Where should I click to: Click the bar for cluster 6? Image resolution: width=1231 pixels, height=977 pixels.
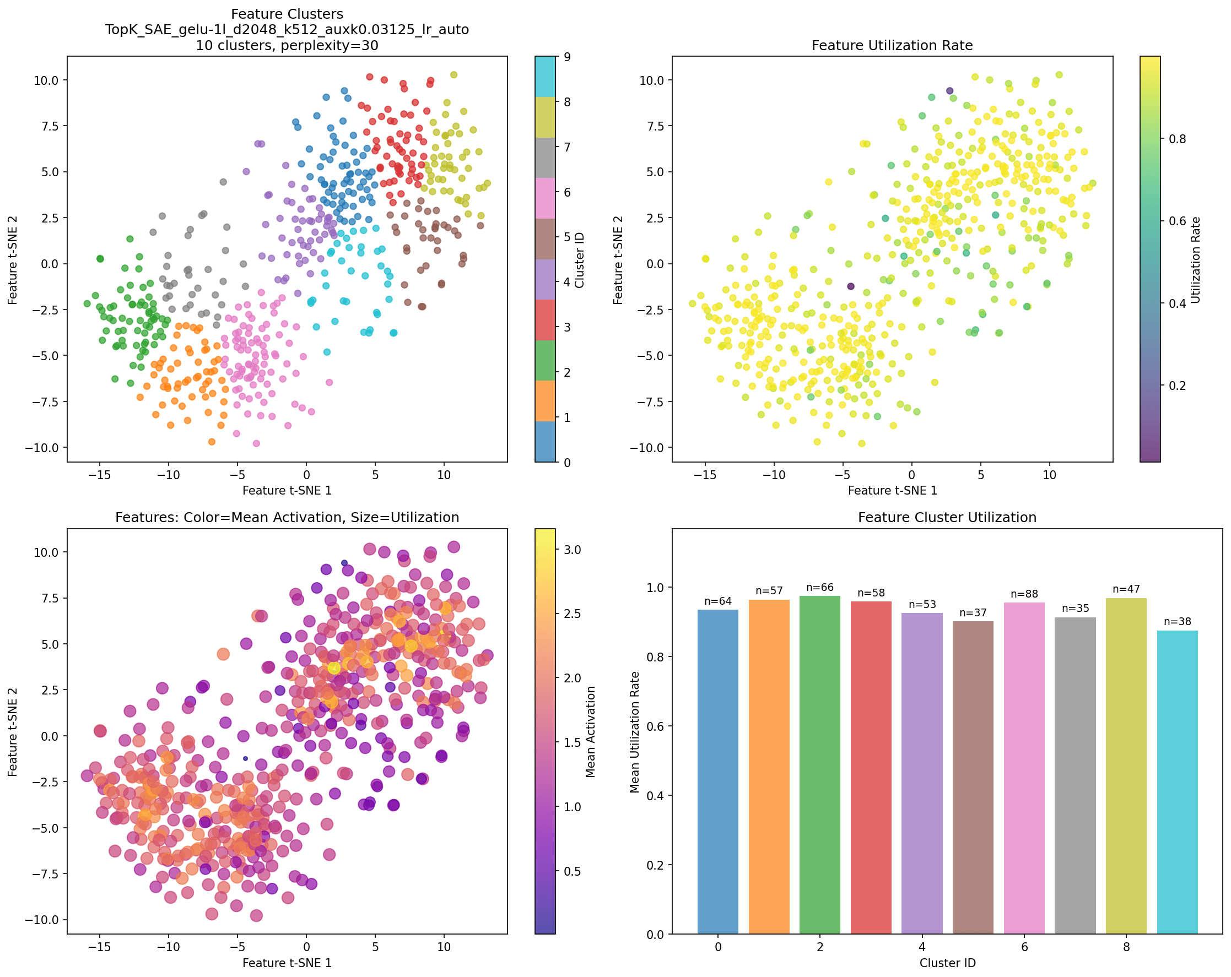(1024, 768)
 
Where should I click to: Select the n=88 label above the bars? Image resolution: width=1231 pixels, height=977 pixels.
(1024, 594)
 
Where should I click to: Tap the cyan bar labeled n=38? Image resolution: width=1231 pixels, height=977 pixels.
(1177, 782)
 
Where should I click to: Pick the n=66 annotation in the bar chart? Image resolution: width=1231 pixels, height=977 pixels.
(820, 587)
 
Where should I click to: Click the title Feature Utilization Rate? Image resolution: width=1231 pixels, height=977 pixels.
(892, 46)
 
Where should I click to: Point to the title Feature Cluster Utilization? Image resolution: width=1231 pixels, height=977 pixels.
(947, 518)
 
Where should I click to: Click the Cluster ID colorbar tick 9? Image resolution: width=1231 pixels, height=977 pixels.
(567, 57)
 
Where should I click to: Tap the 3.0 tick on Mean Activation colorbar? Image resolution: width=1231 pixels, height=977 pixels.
(573, 550)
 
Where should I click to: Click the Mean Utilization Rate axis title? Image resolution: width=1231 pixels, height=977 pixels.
(634, 731)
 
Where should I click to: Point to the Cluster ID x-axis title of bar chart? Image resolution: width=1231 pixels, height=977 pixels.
(947, 963)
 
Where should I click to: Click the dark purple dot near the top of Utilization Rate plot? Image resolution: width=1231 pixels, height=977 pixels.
(949, 91)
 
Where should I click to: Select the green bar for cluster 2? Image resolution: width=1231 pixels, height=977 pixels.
(820, 765)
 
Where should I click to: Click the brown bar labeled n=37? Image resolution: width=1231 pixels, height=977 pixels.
(973, 777)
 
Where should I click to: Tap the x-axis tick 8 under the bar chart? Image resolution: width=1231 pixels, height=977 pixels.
(1126, 947)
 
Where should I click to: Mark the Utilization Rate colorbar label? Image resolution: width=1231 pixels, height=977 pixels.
(1196, 259)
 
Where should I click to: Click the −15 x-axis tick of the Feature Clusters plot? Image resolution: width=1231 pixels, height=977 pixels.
(99, 475)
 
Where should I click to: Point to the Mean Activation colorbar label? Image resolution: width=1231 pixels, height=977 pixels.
(590, 731)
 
